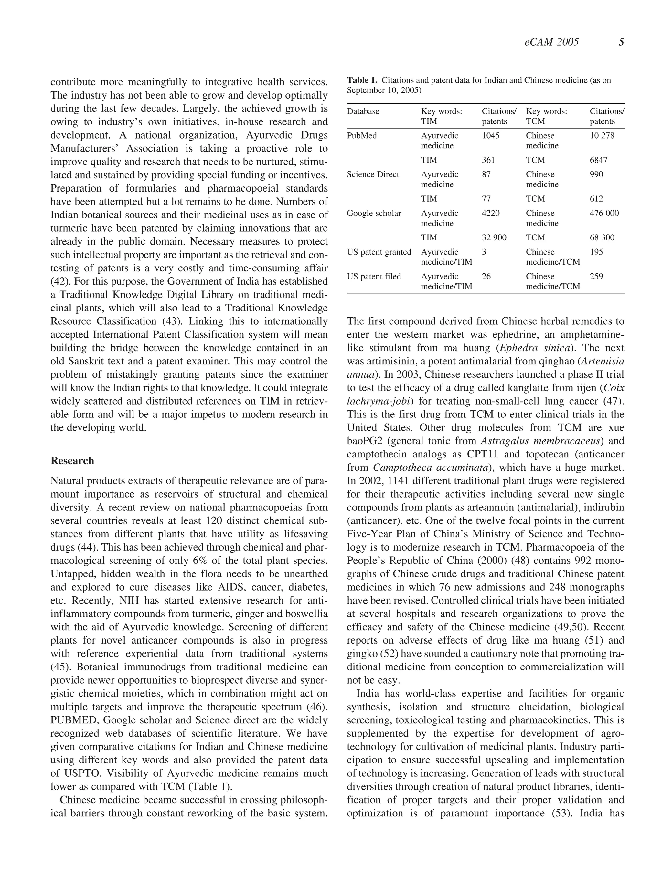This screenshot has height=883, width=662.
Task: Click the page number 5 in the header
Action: pos(621,42)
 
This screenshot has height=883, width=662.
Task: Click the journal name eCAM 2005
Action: pos(551,42)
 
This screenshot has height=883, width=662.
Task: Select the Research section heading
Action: pos(72,461)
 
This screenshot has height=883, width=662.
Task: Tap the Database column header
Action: pos(363,111)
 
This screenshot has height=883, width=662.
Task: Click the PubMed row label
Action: pos(362,136)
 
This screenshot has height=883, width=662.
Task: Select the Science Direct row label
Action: pos(373,174)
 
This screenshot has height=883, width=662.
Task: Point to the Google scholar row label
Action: pos(374,213)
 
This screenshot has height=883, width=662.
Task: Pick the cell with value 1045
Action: pos(490,136)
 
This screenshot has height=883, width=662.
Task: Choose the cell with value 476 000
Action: pos(604,213)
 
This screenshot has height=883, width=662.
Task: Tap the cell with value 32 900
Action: pos(494,237)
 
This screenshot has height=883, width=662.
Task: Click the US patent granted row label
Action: pos(379,252)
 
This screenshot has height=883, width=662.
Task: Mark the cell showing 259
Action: pos(596,276)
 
